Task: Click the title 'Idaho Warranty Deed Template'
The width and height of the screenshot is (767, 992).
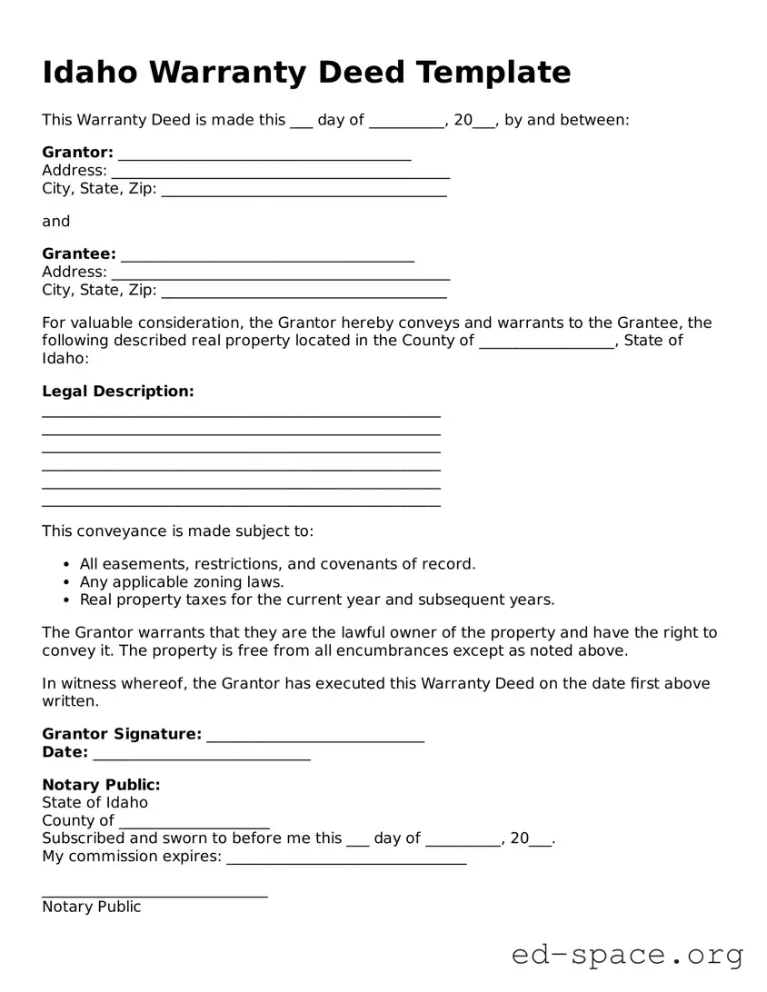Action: point(306,73)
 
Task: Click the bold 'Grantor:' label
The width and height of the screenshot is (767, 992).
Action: point(77,153)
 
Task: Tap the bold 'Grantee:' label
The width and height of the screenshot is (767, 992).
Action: point(79,254)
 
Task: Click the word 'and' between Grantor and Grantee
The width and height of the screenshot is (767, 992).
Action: point(55,222)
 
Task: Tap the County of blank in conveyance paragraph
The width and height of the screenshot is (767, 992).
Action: point(546,344)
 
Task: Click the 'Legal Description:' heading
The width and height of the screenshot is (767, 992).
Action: point(118,392)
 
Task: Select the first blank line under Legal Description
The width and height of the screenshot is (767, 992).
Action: point(241,414)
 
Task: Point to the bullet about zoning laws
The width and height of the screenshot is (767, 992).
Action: point(182,582)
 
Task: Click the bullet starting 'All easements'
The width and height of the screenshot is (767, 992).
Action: point(277,564)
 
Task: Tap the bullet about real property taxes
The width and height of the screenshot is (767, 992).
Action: point(316,600)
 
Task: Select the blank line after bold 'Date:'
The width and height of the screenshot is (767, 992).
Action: point(201,756)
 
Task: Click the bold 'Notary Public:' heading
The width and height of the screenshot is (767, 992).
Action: point(101,785)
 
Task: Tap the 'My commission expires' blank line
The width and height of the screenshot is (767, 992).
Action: point(346,860)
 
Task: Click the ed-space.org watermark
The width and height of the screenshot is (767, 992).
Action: point(627,955)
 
